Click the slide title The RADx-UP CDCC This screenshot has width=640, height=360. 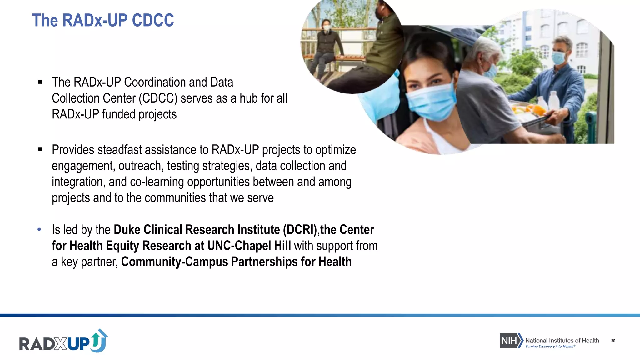(103, 21)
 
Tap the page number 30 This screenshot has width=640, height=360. (613, 341)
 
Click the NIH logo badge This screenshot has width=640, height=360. (511, 341)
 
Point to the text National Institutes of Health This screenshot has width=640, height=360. (562, 340)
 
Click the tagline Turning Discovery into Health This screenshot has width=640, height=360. (549, 346)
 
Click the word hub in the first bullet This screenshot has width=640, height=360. (248, 98)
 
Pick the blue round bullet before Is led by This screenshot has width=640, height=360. (39, 230)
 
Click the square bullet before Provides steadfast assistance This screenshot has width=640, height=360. (40, 150)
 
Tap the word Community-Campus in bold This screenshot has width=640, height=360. (174, 262)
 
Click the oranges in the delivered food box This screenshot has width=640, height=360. (528, 109)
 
